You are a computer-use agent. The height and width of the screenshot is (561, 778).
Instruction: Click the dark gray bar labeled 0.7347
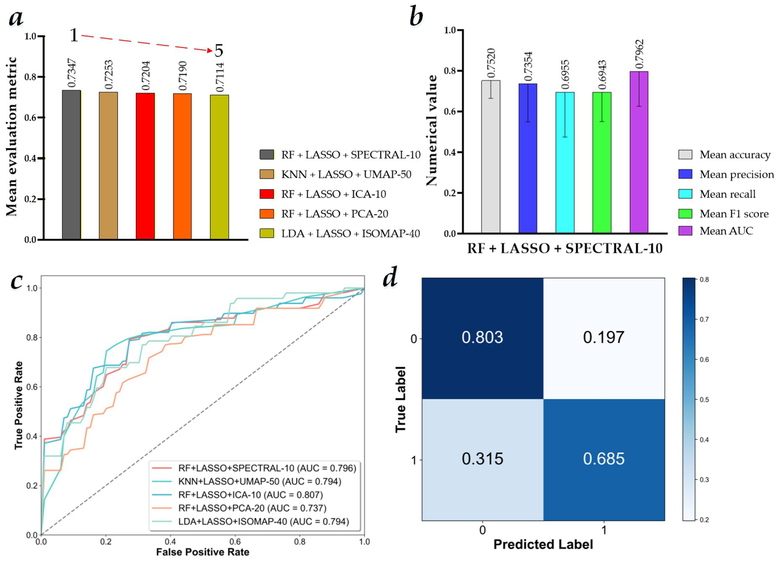coord(71,165)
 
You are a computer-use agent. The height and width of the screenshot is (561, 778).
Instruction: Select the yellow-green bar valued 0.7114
coord(219,167)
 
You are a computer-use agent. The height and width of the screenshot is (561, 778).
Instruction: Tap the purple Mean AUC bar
coord(639,152)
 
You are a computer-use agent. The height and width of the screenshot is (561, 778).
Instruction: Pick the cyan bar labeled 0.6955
coord(565,162)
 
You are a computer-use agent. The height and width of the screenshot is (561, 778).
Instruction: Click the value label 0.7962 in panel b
coord(640,54)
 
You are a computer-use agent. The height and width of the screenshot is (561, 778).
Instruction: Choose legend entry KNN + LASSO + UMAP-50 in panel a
coord(346,174)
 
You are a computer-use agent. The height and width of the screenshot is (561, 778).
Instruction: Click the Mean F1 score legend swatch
coord(685,214)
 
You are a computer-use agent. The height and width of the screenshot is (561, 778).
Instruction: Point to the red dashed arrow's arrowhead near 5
coord(211,51)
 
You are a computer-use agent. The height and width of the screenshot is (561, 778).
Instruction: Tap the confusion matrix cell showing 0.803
coord(482,338)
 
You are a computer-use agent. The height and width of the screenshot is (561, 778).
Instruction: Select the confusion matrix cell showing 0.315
coord(482,459)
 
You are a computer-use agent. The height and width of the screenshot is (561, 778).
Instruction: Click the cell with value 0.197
coord(604,338)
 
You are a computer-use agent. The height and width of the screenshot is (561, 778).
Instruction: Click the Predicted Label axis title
coord(543,545)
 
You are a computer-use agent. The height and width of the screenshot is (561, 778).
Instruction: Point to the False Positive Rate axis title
coord(202,552)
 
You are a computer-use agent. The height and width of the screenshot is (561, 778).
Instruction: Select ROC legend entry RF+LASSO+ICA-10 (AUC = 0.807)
coord(250,495)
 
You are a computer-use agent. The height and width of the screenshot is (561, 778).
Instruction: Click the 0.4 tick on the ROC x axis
coord(170,542)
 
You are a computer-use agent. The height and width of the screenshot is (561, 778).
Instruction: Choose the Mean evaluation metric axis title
coord(12,137)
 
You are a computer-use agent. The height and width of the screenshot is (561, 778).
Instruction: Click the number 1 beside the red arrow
coord(73,35)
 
